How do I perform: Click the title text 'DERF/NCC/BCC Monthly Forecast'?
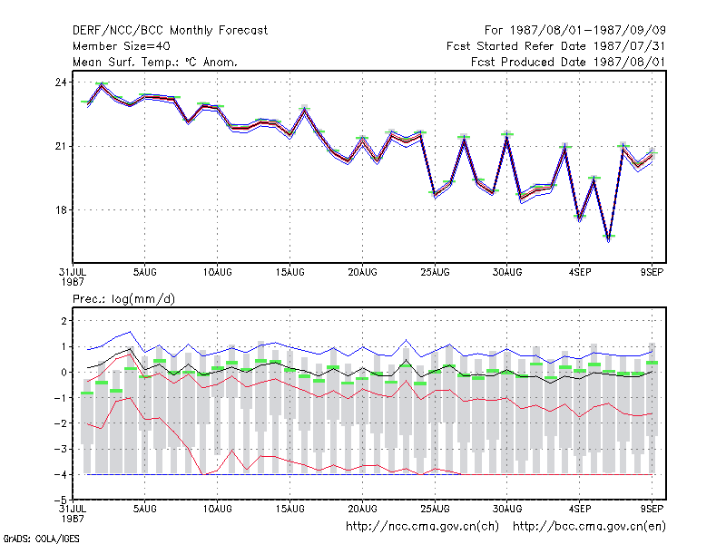tap(170, 31)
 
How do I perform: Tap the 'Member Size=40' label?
tap(122, 46)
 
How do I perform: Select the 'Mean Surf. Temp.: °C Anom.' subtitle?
tap(155, 62)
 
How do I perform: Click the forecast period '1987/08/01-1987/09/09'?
tap(587, 31)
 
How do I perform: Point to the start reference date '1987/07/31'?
tap(629, 46)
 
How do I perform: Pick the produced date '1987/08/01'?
tap(629, 62)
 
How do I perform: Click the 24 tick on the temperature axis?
tap(61, 83)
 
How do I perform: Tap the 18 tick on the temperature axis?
tap(61, 210)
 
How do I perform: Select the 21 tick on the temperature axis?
tap(61, 146)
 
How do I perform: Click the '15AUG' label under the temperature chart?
tap(289, 273)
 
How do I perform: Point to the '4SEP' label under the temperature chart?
tap(580, 273)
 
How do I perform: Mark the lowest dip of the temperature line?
tap(608, 239)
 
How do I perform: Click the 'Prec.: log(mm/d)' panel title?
tap(123, 299)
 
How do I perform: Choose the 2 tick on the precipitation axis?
tap(64, 321)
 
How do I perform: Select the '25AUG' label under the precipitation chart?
tap(435, 509)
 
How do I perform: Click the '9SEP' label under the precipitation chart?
tap(652, 509)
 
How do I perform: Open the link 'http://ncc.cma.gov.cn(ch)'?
tap(422, 527)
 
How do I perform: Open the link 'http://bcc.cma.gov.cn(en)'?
tap(589, 527)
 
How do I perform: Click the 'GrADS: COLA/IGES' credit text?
tap(41, 539)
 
